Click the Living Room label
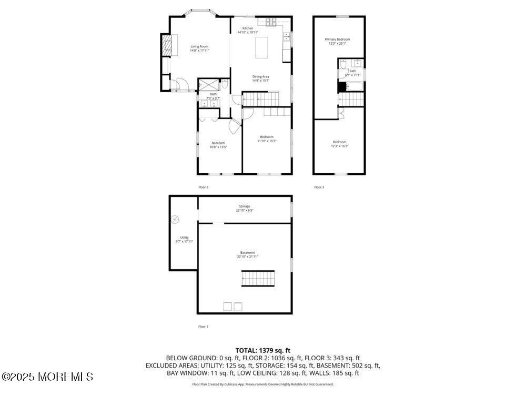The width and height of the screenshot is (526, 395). tap(199, 46)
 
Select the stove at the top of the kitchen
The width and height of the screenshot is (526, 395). tap(271, 22)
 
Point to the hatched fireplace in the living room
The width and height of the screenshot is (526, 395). tap(166, 45)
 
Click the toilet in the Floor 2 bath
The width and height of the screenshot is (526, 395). tap(225, 84)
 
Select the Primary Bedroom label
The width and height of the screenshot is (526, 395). tap(337, 39)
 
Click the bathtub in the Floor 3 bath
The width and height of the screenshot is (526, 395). tap(351, 86)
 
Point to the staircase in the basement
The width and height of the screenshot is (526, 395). tap(258, 278)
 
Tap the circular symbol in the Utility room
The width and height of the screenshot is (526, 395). tap(175, 220)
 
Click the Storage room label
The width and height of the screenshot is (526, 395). tap(245, 206)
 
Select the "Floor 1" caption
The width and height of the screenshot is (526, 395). tap(203, 327)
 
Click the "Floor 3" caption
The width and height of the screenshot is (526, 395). tap(319, 187)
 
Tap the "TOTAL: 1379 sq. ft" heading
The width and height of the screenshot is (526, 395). tap(262, 350)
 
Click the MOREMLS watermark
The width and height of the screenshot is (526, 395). tap(47, 377)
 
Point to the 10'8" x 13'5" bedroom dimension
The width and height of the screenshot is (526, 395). tap(218, 147)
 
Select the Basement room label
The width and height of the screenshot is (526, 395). tap(247, 253)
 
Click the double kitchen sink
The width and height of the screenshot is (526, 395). tap(287, 36)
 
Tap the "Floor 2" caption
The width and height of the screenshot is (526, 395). tap(203, 187)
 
